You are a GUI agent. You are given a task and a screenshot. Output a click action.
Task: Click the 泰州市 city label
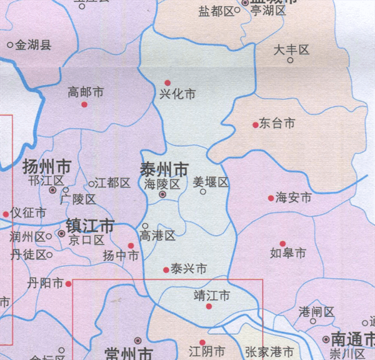pyautogui.click(x=164, y=169)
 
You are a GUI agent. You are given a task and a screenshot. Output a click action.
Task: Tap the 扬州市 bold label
pyautogui.click(x=46, y=167)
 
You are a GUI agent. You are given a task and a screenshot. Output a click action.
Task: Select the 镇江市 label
pyautogui.click(x=91, y=225)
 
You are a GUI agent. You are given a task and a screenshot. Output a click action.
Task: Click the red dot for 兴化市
pyautogui.click(x=167, y=82)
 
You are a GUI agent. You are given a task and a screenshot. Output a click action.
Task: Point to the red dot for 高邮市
pyautogui.click(x=84, y=105)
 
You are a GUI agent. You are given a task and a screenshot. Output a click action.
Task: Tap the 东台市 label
pyautogui.click(x=277, y=124)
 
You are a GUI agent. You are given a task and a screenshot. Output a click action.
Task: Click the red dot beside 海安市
pyautogui.click(x=271, y=198)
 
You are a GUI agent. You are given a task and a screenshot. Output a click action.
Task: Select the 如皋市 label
pyautogui.click(x=287, y=253)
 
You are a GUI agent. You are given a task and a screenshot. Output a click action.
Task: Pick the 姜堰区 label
pyautogui.click(x=211, y=182)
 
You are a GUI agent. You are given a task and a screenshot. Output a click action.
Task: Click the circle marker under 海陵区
pyautogui.click(x=162, y=195)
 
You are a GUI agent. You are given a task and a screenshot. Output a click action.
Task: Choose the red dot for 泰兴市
pyautogui.click(x=166, y=270)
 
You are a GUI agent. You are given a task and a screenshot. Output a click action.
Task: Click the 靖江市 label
pyautogui.click(x=212, y=294)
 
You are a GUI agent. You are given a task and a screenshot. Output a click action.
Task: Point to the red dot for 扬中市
pyautogui.click(x=131, y=246)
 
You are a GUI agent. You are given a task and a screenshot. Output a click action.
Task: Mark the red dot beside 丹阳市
pyautogui.click(x=69, y=283)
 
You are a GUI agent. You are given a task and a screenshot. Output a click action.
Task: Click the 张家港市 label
pyautogui.click(x=269, y=352)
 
